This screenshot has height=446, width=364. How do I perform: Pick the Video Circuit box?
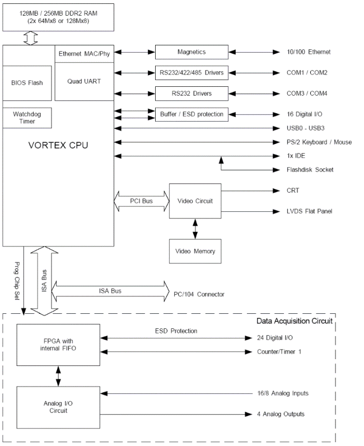195,201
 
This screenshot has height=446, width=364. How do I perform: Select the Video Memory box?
195,250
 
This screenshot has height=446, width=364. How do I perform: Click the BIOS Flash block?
27,82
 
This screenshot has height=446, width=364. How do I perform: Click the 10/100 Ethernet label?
309,52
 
